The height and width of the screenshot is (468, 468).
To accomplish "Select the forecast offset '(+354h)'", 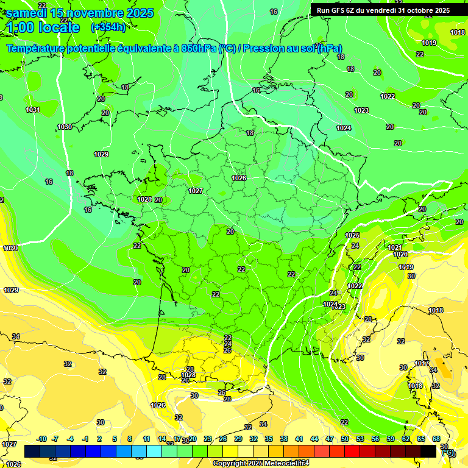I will click(108, 27).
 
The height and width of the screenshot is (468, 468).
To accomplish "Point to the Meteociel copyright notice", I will click(261, 463).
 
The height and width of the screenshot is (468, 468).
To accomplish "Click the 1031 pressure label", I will click(33, 110).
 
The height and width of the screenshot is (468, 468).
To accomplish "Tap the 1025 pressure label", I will click(352, 235).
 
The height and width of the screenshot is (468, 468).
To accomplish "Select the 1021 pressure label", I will click(395, 247).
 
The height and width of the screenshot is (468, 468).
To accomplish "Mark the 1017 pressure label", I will click(422, 364).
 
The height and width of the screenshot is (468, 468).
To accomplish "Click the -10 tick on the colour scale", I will click(41, 439).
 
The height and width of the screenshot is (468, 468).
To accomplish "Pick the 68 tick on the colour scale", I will click(436, 439).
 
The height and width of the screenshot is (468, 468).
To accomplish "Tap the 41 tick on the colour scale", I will click(299, 439).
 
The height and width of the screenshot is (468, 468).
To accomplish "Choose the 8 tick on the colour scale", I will click(130, 439).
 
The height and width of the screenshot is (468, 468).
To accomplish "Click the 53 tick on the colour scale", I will click(360, 439).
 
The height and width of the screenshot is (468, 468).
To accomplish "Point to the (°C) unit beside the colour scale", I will click(448, 452).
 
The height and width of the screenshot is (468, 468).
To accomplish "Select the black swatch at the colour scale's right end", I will click(428, 451).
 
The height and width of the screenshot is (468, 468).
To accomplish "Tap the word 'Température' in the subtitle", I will click(43, 49).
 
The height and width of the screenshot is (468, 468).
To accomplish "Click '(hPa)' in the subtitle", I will click(328, 49).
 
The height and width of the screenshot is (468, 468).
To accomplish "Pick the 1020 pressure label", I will click(400, 254).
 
